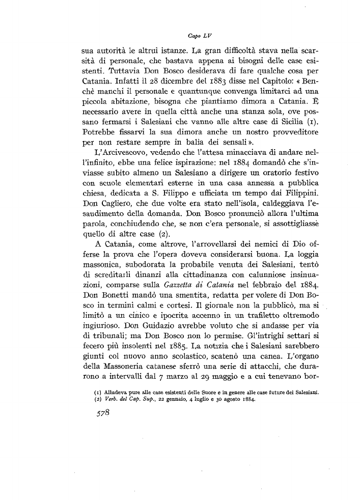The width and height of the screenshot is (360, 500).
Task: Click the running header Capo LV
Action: pyautogui.click(x=196, y=36)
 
